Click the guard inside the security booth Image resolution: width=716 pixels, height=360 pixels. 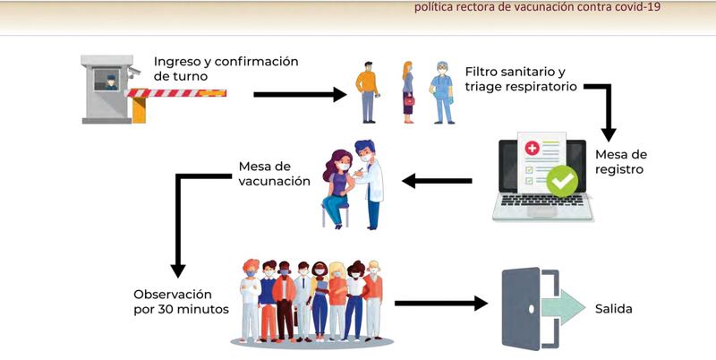click(111, 82)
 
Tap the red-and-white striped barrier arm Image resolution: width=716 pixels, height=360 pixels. click(175, 93)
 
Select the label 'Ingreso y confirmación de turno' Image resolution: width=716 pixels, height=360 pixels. click(226, 69)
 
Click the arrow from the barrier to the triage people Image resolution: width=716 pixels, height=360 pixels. click(300, 95)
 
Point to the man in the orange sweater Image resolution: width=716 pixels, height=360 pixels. click(367, 92)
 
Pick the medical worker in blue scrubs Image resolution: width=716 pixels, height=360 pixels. click(442, 93)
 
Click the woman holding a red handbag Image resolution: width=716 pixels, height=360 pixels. click(408, 92)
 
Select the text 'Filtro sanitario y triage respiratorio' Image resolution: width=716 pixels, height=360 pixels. click(521, 79)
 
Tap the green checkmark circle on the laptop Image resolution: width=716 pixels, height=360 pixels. click(562, 181)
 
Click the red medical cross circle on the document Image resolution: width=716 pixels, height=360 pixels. click(532, 148)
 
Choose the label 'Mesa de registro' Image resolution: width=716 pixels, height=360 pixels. click(621, 162)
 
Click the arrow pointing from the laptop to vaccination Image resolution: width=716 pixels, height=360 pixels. click(437, 181)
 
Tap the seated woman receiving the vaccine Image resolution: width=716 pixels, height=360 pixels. click(337, 188)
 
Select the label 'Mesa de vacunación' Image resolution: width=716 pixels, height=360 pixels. click(274, 173)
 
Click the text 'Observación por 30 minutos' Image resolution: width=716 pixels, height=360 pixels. click(182, 302)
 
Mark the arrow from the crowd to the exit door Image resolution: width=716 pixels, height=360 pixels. click(441, 303)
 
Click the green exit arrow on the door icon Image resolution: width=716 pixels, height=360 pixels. click(563, 307)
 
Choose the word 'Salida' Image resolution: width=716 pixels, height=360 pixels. click(614, 309)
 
